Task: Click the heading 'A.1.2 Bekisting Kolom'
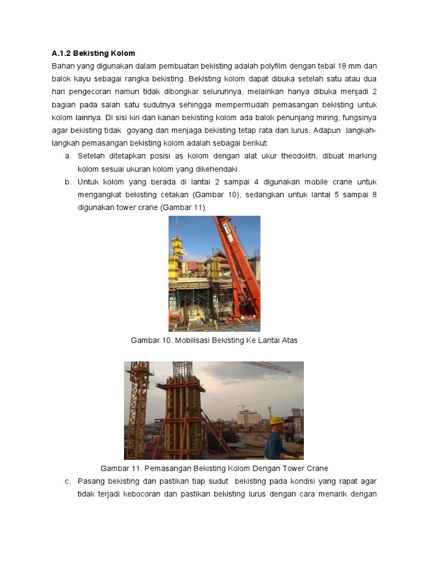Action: pos(93,54)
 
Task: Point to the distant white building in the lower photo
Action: pos(249,417)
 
